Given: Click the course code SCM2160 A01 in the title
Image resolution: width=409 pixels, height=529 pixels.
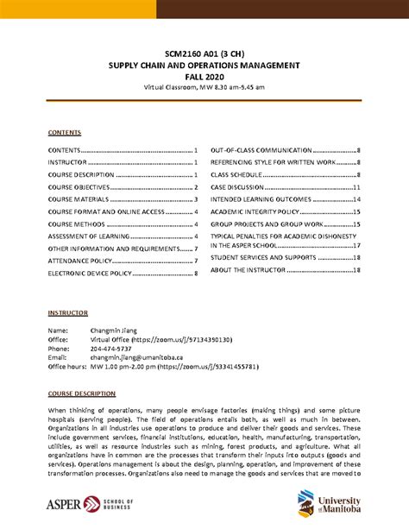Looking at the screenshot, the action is [x=186, y=52].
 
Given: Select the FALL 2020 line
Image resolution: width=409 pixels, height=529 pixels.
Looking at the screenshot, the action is [x=204, y=75].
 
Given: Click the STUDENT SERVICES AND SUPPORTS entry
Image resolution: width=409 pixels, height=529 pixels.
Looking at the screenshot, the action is [x=267, y=257].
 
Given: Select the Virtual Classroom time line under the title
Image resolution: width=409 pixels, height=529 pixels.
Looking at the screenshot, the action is [x=204, y=86].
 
